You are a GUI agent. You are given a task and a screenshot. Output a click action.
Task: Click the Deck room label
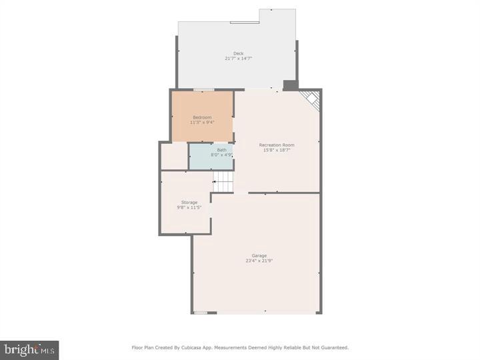[238, 53]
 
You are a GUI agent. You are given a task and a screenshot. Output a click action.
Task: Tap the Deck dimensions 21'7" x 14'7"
[238, 59]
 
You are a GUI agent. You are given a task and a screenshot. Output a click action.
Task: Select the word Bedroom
[202, 117]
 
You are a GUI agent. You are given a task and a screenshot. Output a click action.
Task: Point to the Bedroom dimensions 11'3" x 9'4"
[202, 123]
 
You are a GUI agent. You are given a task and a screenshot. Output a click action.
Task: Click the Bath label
[221, 150]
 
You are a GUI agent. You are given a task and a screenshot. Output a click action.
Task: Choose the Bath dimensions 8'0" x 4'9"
[221, 155]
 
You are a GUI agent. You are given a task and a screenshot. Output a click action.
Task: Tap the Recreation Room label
[277, 145]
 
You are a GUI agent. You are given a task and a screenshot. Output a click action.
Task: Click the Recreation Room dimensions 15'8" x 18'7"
[277, 150]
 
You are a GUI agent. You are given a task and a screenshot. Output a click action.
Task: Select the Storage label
[189, 203]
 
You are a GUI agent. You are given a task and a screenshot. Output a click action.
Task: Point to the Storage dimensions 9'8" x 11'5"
[189, 208]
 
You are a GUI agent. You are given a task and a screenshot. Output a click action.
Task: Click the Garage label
[259, 255]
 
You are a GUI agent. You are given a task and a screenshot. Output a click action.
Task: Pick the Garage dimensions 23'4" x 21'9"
[259, 261]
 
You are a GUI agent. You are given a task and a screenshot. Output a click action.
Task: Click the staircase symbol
[223, 181]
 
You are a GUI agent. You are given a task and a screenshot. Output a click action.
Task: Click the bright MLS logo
[29, 350]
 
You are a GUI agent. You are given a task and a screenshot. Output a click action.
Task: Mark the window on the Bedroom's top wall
[203, 89]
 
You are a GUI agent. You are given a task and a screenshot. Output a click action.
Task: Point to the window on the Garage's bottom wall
[201, 312]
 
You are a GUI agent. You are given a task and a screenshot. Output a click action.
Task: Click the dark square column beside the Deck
[290, 85]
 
